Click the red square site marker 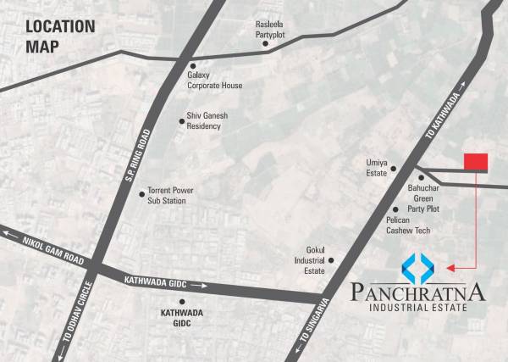(476, 162)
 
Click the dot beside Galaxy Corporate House (193, 65)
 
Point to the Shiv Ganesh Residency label (207, 120)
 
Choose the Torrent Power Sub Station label (171, 196)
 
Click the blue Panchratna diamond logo (419, 268)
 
